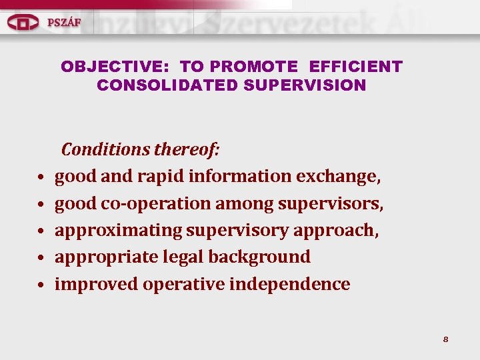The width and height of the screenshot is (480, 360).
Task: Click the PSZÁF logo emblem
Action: tap(23, 23)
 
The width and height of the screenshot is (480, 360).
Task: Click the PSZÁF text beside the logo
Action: tap(64, 21)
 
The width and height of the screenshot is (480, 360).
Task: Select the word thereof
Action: tap(187, 149)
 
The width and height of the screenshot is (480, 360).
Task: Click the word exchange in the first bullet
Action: tap(339, 177)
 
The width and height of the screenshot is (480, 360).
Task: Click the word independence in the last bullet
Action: tap(289, 284)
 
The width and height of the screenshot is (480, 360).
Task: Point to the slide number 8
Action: tap(445, 339)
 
